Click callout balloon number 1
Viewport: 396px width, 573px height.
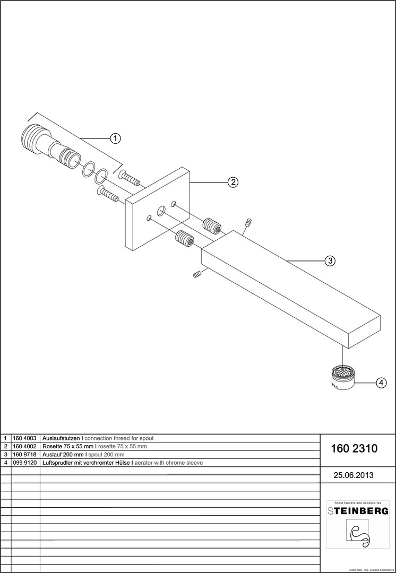pyautogui.click(x=115, y=138)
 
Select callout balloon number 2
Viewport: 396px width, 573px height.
pyautogui.click(x=233, y=182)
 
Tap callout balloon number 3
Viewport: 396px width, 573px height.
pyautogui.click(x=330, y=261)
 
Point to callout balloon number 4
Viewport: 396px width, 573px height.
pyautogui.click(x=381, y=382)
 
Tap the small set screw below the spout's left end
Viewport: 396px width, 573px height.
pyautogui.click(x=197, y=274)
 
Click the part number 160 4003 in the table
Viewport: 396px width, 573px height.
pyautogui.click(x=25, y=438)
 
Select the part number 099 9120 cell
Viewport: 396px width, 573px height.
pyautogui.click(x=25, y=463)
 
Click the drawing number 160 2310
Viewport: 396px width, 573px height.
pyautogui.click(x=354, y=449)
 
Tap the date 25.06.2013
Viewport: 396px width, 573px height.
pyautogui.click(x=353, y=475)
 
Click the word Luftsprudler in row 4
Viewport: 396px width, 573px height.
pyautogui.click(x=59, y=463)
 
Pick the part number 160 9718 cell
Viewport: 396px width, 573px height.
pyautogui.click(x=25, y=455)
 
